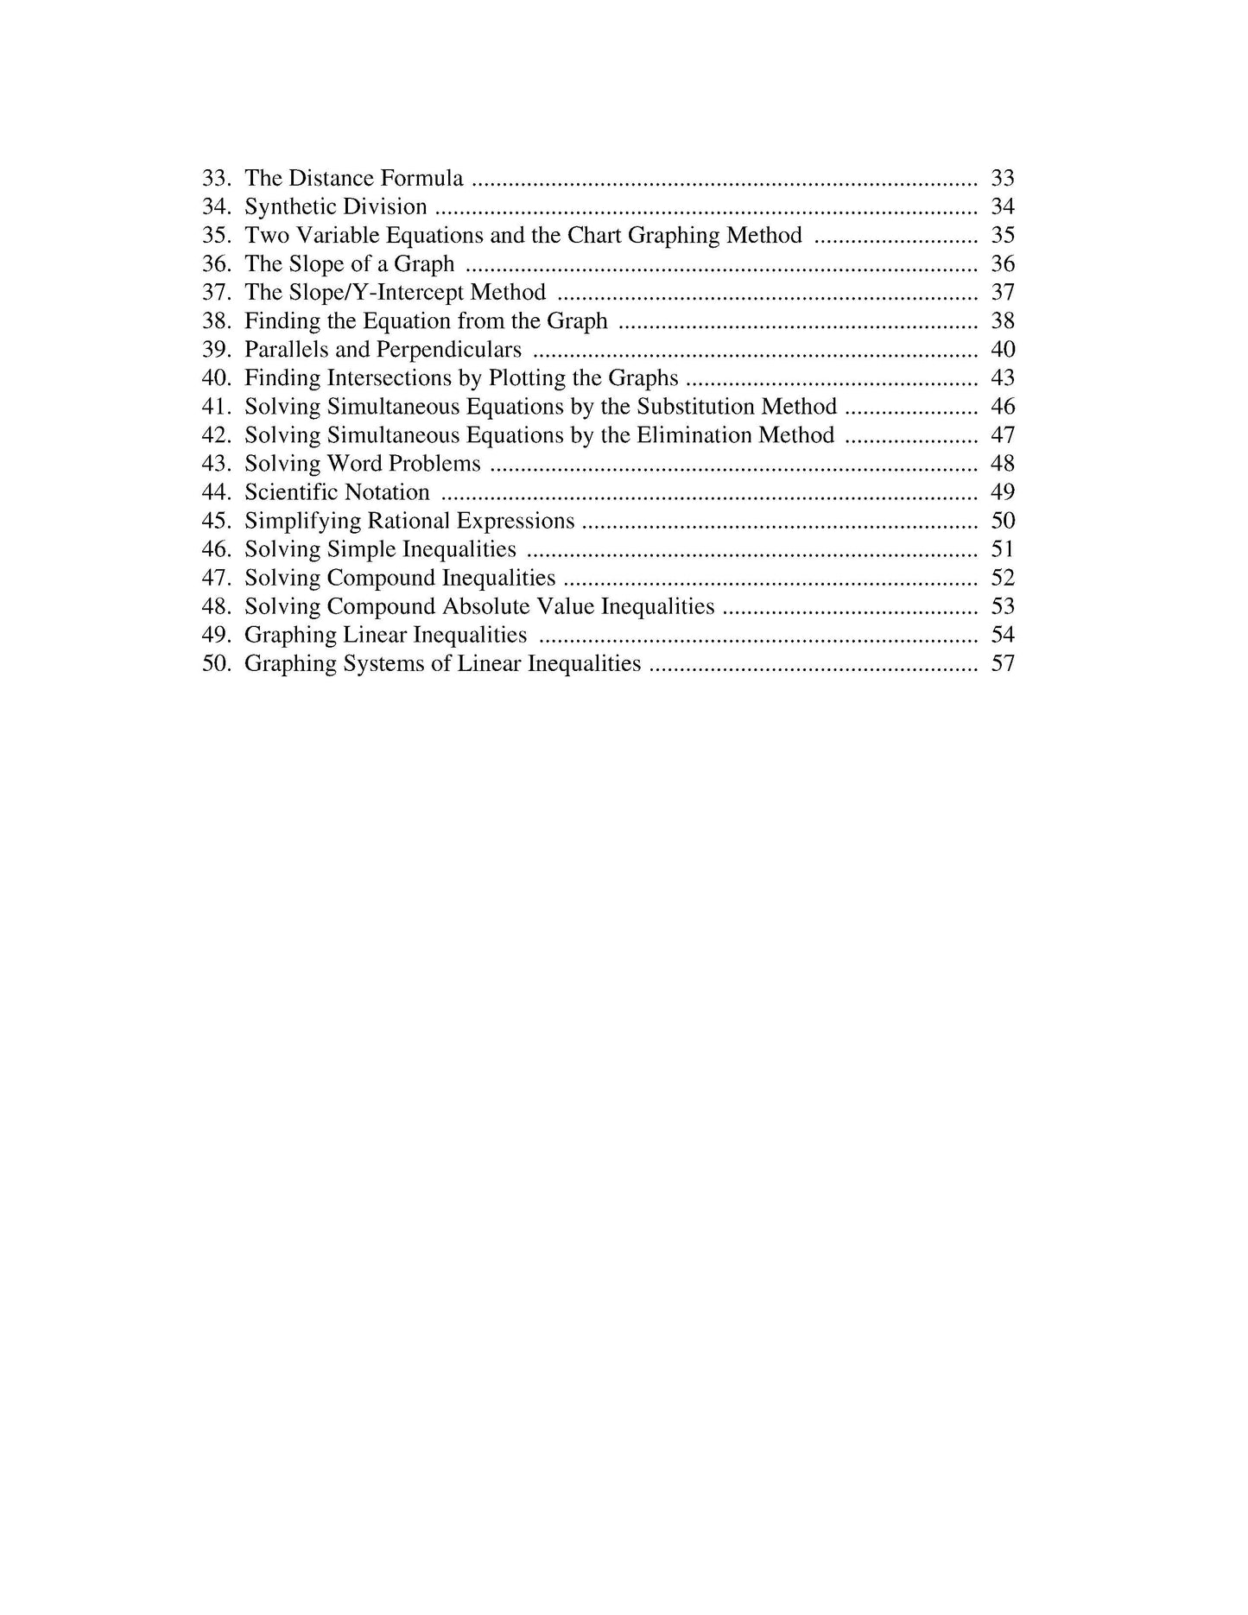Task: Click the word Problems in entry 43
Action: (x=434, y=464)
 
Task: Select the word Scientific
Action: (x=290, y=492)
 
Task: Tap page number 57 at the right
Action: (x=1002, y=663)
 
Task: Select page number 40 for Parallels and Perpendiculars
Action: (x=1002, y=350)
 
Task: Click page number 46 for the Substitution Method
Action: (x=1002, y=407)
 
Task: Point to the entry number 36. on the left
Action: (x=216, y=264)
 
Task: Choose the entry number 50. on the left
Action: (x=216, y=663)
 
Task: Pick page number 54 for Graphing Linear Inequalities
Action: (x=1002, y=635)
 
